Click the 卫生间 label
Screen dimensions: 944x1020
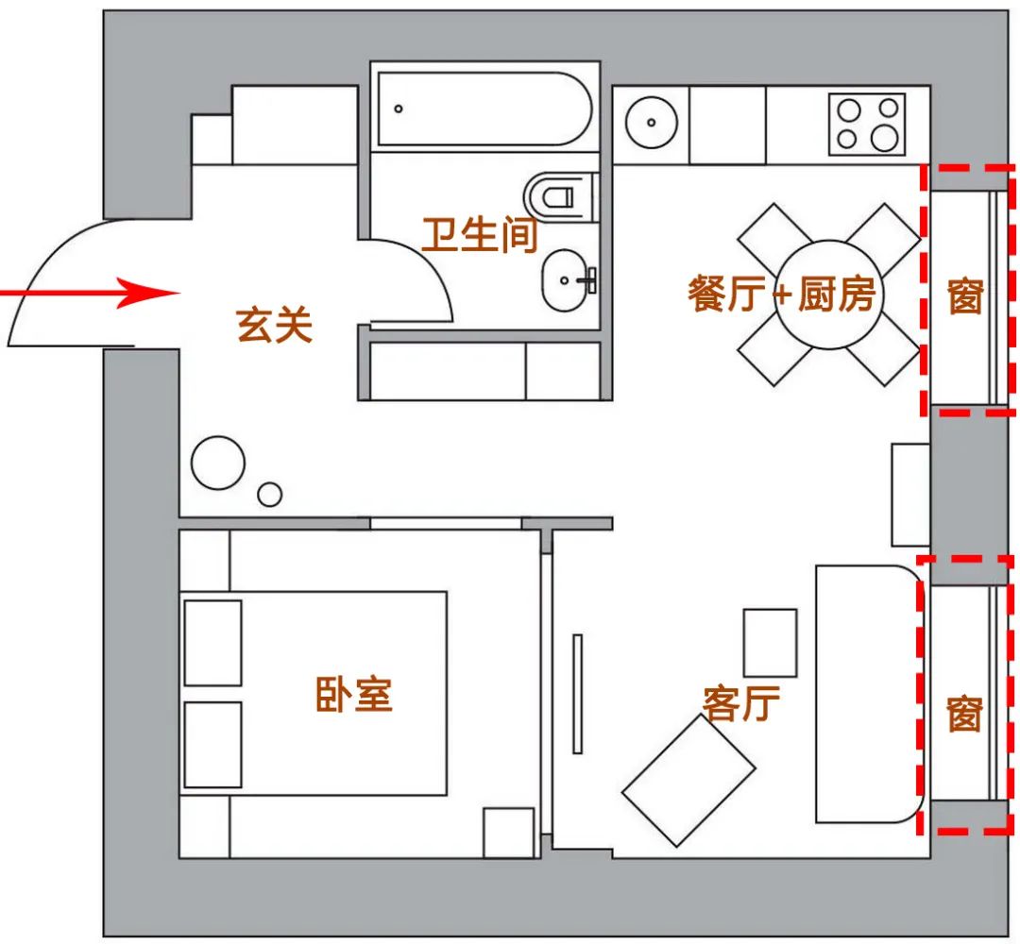(x=480, y=233)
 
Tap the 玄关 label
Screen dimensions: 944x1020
(x=274, y=327)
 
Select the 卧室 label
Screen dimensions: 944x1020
(x=353, y=696)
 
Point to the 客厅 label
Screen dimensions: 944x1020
(x=741, y=702)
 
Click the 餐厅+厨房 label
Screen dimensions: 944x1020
(x=783, y=295)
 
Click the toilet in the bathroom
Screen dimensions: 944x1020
(x=560, y=196)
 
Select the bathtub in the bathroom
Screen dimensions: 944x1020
(x=484, y=109)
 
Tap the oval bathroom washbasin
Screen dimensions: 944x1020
(x=569, y=280)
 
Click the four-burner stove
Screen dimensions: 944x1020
(x=867, y=124)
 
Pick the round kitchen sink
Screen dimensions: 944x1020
(x=652, y=122)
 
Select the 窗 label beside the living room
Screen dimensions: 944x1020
(x=964, y=715)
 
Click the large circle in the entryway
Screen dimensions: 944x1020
(x=218, y=464)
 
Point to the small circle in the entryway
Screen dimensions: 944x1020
(x=270, y=494)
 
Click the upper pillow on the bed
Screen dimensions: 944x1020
(x=212, y=643)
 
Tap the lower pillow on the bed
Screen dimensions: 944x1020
(x=212, y=744)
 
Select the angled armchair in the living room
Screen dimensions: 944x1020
(x=688, y=780)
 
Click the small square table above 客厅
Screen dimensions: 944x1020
(x=770, y=642)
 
